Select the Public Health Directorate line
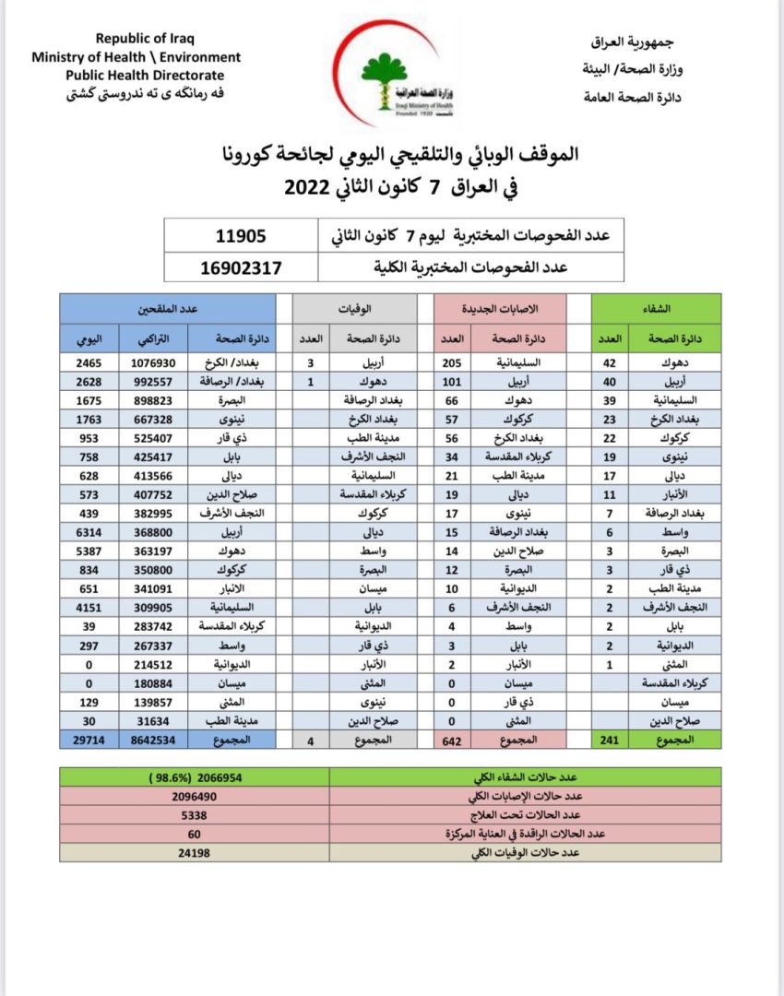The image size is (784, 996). (x=144, y=75)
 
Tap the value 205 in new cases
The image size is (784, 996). (x=451, y=363)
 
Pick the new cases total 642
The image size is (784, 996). (x=451, y=740)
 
